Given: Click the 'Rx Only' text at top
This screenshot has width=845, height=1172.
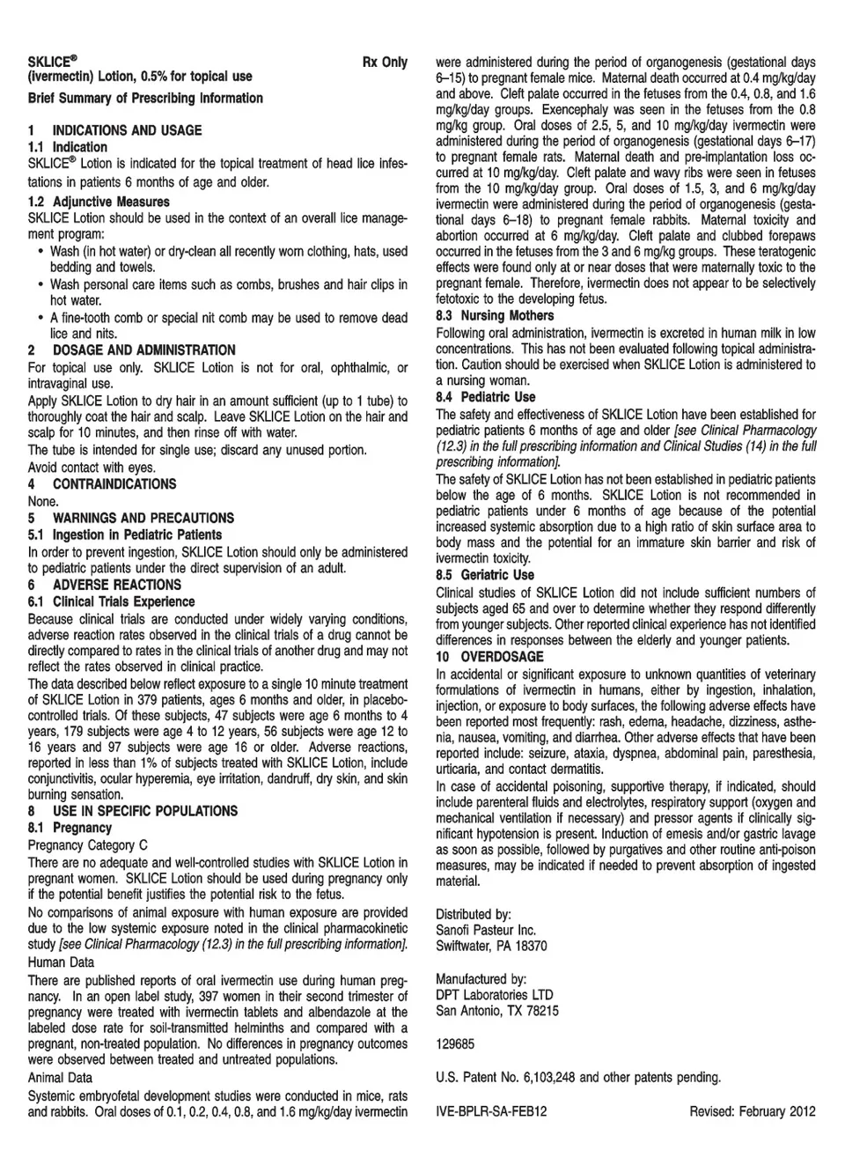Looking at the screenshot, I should click(x=385, y=63).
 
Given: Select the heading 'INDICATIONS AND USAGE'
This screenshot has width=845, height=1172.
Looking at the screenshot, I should click(x=127, y=130).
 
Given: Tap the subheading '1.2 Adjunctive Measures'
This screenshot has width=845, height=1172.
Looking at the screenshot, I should click(x=99, y=202).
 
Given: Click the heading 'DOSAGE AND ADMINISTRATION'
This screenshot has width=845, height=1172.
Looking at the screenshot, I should click(x=143, y=350).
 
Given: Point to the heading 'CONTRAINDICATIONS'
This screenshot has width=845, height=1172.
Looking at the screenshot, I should click(x=114, y=484).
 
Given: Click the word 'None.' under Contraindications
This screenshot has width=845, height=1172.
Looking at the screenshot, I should click(x=43, y=501).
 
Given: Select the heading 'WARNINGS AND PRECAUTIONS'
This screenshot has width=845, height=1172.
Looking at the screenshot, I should click(x=143, y=519).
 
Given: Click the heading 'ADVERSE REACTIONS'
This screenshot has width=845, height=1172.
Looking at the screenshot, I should click(x=116, y=585).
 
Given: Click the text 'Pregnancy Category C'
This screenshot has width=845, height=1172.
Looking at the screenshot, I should click(x=88, y=845).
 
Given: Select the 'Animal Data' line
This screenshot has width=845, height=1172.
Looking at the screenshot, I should click(x=60, y=1078).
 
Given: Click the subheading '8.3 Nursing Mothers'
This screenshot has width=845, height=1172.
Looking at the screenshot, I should click(x=495, y=316).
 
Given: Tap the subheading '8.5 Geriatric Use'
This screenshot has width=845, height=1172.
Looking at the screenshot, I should click(x=485, y=576).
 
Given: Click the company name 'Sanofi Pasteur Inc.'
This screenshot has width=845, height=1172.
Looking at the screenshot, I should click(x=486, y=931).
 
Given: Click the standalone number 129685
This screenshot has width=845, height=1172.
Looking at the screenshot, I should click(x=455, y=1044).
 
